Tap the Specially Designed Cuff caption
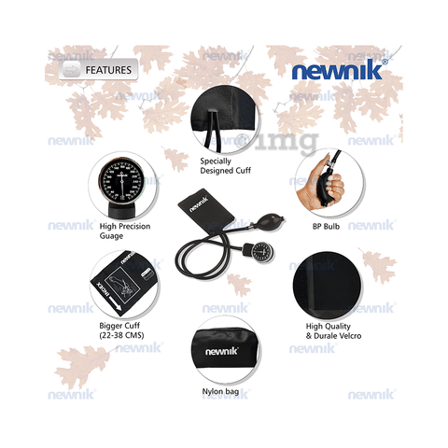226,165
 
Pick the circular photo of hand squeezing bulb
324,177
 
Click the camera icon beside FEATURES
68,70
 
